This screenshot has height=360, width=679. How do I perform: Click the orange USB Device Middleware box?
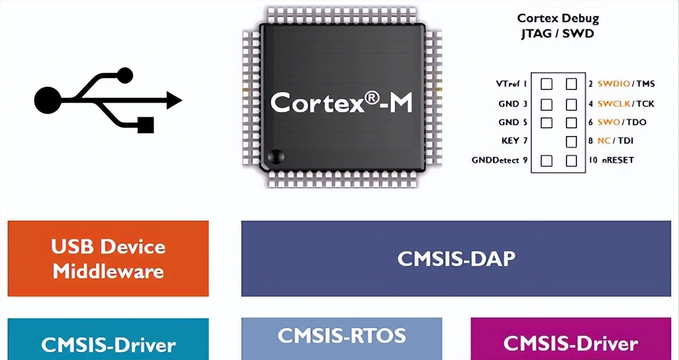108,258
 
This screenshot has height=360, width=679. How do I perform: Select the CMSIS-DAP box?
456,258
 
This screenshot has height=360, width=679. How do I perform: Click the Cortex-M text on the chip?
341,102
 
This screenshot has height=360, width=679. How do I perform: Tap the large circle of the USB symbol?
48,100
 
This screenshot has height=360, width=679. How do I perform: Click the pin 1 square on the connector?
546,84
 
